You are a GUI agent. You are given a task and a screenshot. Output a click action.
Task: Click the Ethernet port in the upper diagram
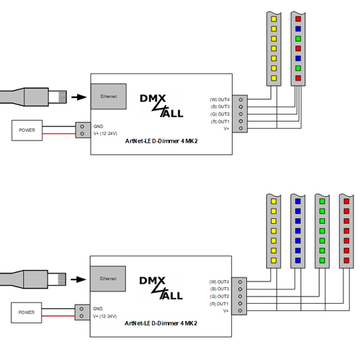tap(109, 96)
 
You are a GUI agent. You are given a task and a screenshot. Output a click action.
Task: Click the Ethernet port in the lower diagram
tap(108, 279)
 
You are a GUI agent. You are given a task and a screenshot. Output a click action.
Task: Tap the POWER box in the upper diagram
tap(27, 130)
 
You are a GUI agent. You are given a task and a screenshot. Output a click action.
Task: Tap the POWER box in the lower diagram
tap(27, 312)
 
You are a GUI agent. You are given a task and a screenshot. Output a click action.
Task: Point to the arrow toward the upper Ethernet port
tap(79, 97)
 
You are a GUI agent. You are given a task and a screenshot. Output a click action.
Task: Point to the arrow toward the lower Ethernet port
tap(78, 279)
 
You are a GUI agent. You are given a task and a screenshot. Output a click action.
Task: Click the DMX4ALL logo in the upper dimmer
tap(161, 106)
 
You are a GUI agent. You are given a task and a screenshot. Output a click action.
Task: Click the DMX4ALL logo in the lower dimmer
tap(161, 288)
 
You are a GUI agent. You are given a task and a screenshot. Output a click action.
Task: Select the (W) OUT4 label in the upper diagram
tap(220, 99)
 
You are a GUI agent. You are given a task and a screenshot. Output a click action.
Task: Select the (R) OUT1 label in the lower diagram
tap(219, 304)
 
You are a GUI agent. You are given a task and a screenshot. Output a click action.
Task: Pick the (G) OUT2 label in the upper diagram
tap(220, 114)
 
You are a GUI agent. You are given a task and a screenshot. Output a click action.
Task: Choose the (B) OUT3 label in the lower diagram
tap(220, 289)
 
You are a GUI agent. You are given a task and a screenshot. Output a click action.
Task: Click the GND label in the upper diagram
tap(99, 126)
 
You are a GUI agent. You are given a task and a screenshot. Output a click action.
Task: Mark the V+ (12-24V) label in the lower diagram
tap(105, 316)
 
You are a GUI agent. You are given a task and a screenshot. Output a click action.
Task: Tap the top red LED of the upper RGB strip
tap(298, 19)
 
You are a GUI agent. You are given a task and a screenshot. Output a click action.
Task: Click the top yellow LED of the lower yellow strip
tap(274, 202)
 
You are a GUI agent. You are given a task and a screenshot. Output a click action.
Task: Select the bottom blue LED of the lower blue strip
tap(298, 261)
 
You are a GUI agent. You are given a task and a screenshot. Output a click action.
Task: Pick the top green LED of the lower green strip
tap(322, 202)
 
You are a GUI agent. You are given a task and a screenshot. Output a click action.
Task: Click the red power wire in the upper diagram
tap(59, 134)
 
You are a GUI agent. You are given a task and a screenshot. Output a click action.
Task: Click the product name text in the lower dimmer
tap(161, 323)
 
